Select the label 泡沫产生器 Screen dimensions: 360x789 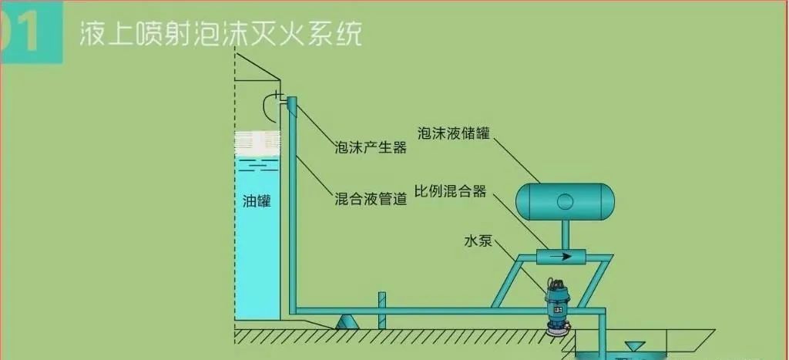370,147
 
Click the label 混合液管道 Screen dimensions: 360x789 371,199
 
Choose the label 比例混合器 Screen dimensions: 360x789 450,191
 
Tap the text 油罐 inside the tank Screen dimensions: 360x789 257,202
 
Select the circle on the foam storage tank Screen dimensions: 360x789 565,202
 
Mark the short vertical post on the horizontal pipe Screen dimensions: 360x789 380,310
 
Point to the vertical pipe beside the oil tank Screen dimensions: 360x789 292,208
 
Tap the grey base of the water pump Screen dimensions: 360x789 554,329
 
